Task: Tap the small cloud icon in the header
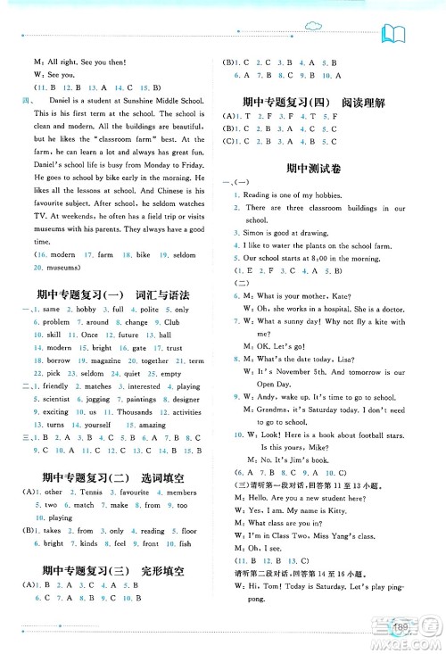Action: click(315, 24)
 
